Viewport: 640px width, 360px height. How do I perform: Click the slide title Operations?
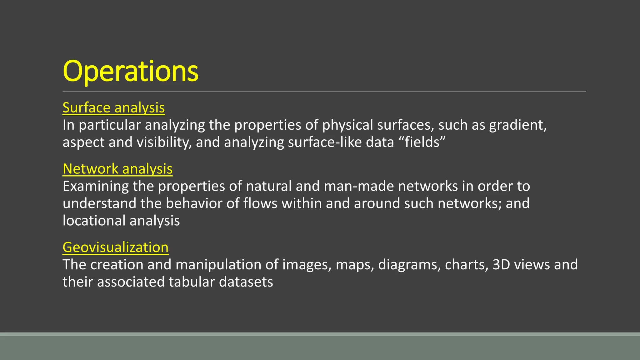130,71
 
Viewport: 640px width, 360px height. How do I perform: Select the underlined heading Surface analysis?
113,107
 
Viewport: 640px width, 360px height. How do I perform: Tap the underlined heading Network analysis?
117,169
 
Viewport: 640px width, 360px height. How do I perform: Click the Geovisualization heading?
115,247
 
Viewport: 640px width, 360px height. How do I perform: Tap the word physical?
347,125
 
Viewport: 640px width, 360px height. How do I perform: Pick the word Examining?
96,186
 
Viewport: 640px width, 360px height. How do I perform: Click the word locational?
94,221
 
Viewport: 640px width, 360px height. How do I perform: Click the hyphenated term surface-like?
325,142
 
